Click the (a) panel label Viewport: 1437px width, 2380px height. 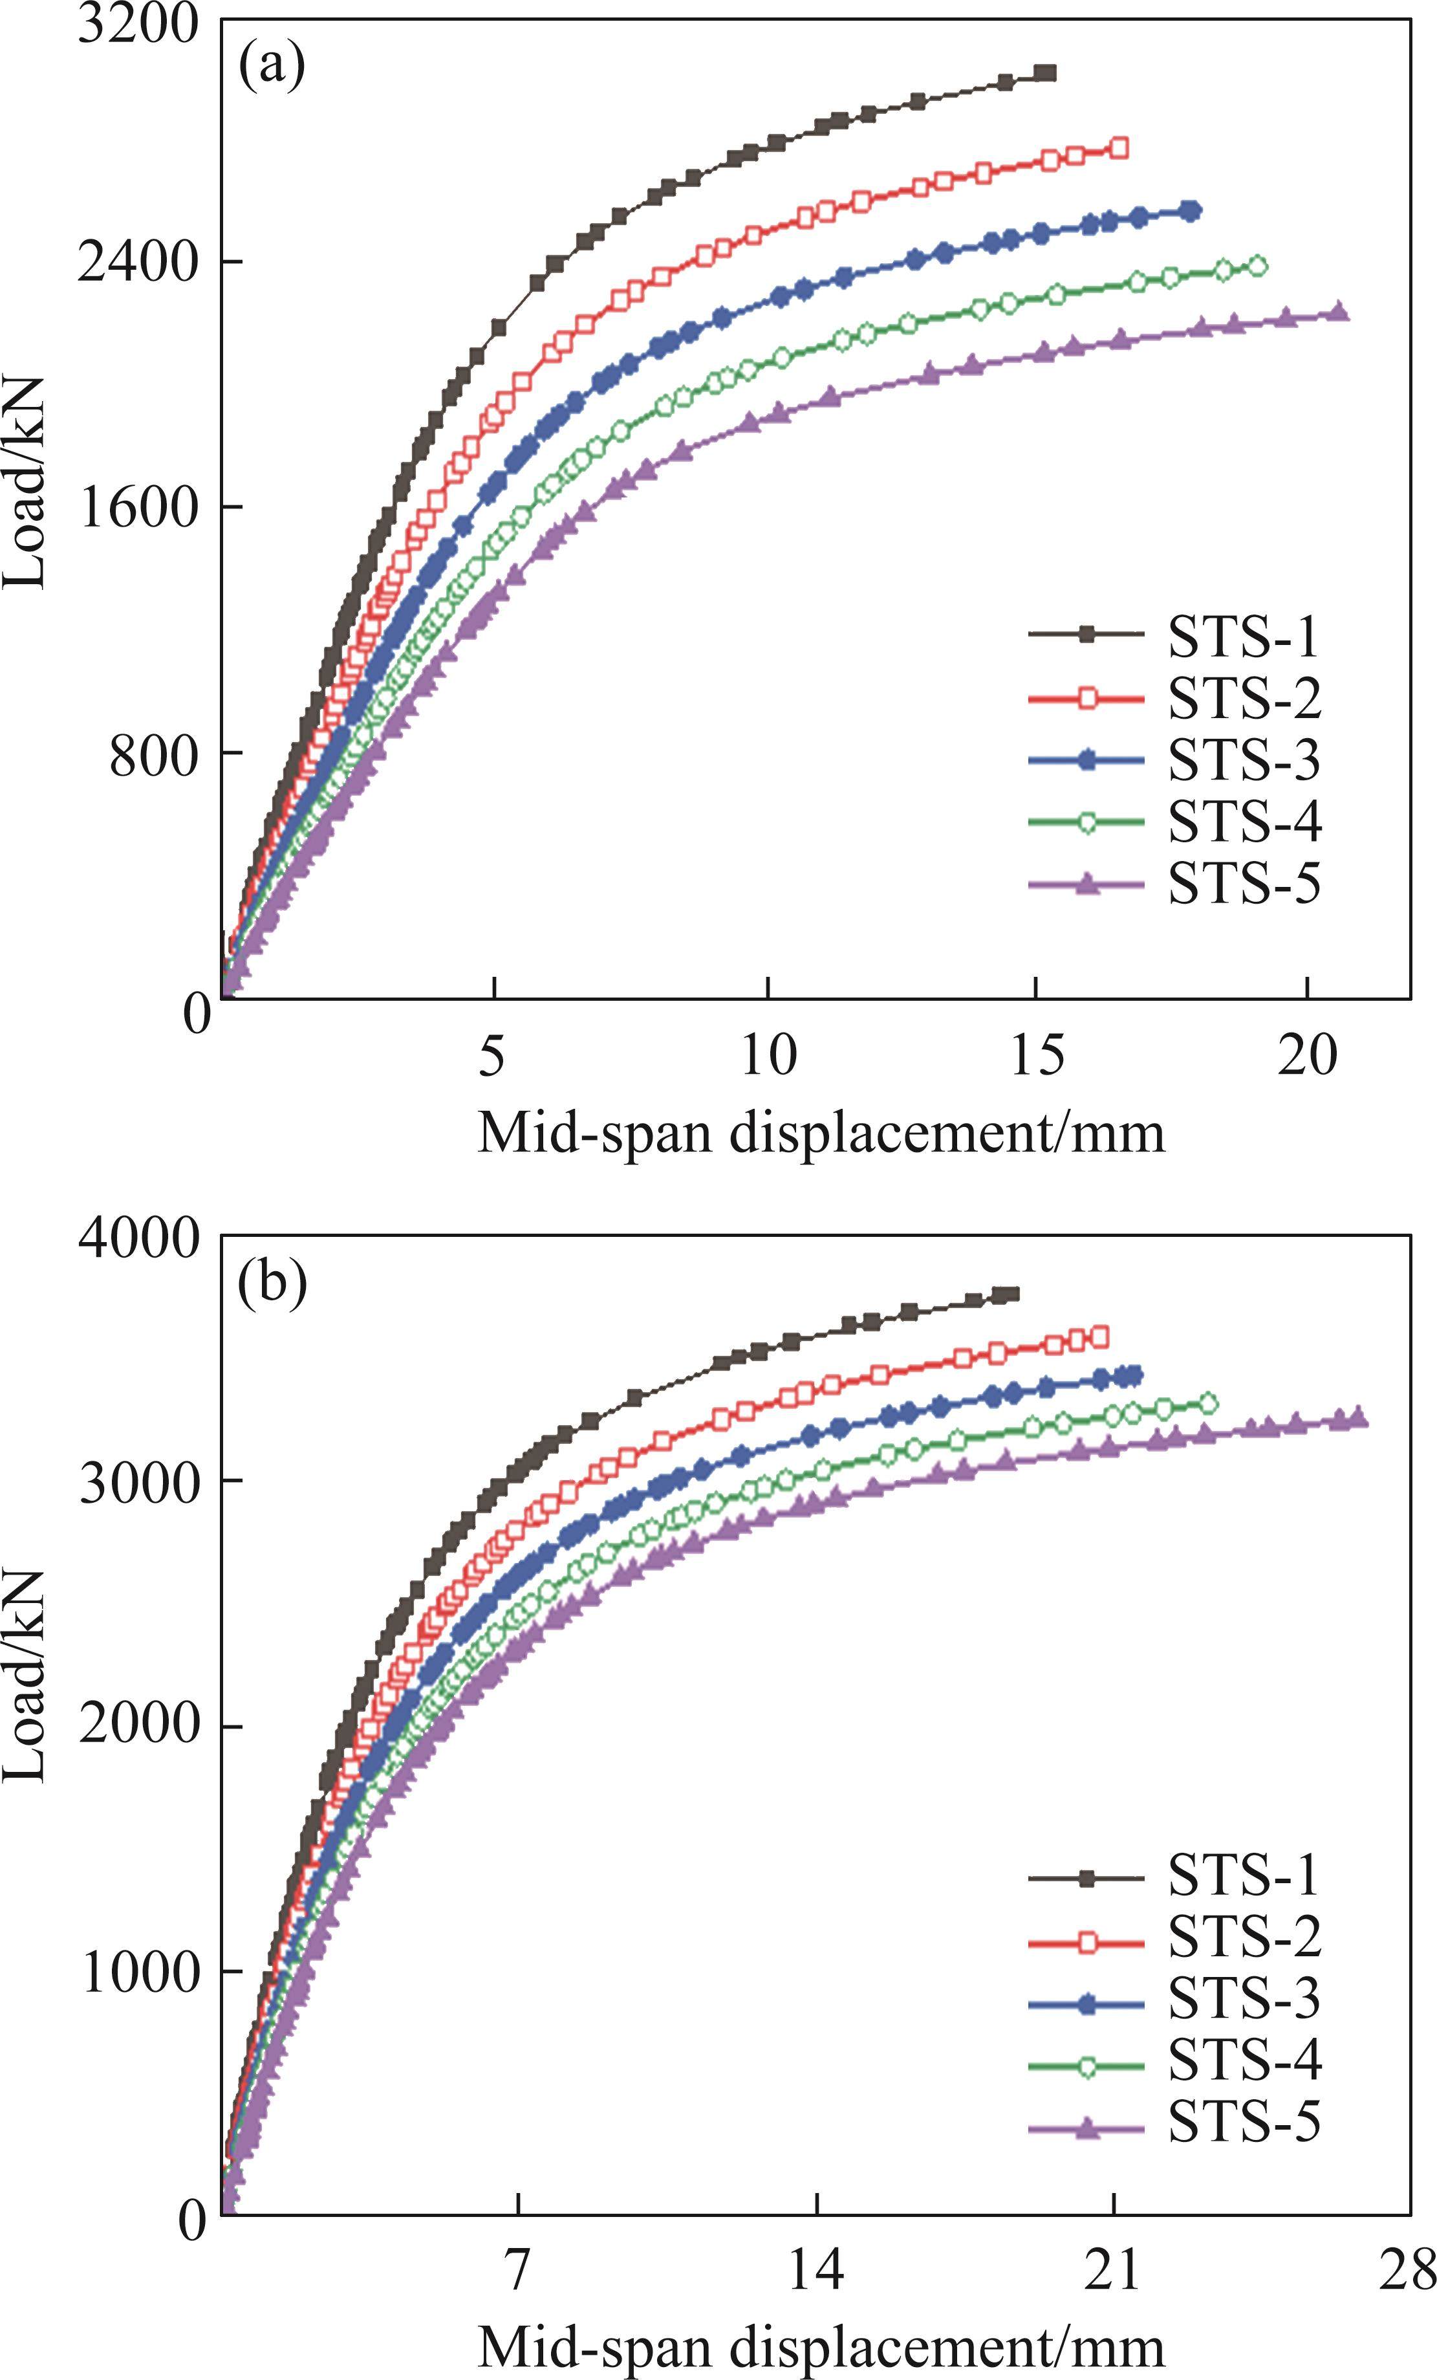pos(272,68)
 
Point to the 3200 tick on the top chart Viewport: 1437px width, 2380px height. pos(142,23)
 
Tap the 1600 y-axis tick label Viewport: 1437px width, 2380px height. pos(144,507)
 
